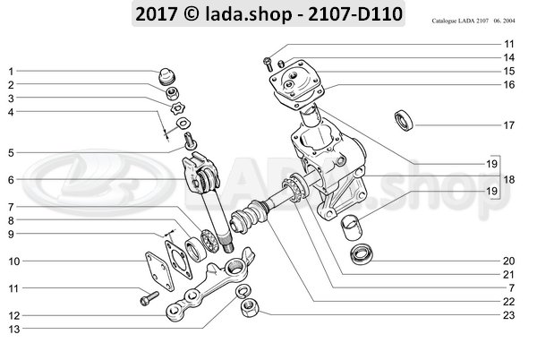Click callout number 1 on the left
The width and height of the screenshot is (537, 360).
[12, 71]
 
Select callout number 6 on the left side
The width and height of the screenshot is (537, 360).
[12, 180]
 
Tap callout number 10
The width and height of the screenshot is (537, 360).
[13, 261]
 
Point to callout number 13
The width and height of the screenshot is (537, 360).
[13, 330]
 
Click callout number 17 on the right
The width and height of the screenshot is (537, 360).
[508, 124]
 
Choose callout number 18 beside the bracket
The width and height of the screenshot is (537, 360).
[508, 180]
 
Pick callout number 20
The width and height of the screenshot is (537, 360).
[508, 261]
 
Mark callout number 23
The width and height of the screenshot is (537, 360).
[508, 314]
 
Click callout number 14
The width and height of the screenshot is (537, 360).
[508, 56]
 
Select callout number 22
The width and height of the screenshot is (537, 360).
[508, 301]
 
